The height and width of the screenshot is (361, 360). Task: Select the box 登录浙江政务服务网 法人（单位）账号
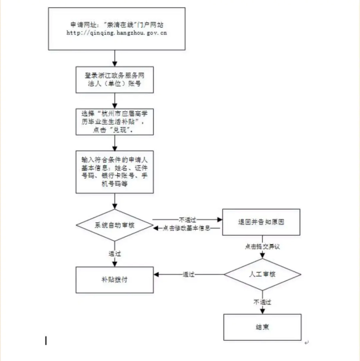tap(115, 80)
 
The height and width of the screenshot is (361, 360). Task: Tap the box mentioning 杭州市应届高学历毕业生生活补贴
tap(115, 122)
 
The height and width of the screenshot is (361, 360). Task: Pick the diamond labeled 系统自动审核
tap(115, 225)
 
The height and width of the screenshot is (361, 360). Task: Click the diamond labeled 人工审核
tap(262, 274)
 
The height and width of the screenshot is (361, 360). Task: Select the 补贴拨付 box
tap(115, 280)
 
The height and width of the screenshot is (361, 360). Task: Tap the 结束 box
tap(262, 327)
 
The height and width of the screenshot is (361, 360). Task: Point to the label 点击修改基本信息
tap(186, 228)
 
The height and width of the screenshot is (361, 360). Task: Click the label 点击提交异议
tap(262, 247)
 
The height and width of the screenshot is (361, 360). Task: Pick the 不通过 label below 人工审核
tap(262, 302)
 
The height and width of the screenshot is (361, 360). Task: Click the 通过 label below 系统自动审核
tap(115, 253)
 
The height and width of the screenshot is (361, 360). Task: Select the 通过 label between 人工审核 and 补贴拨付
tap(189, 274)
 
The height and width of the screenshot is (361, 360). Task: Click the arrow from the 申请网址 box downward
tap(115, 58)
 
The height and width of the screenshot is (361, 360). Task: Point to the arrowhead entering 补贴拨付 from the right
tap(157, 274)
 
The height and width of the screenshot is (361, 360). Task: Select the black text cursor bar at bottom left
tap(46, 340)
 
